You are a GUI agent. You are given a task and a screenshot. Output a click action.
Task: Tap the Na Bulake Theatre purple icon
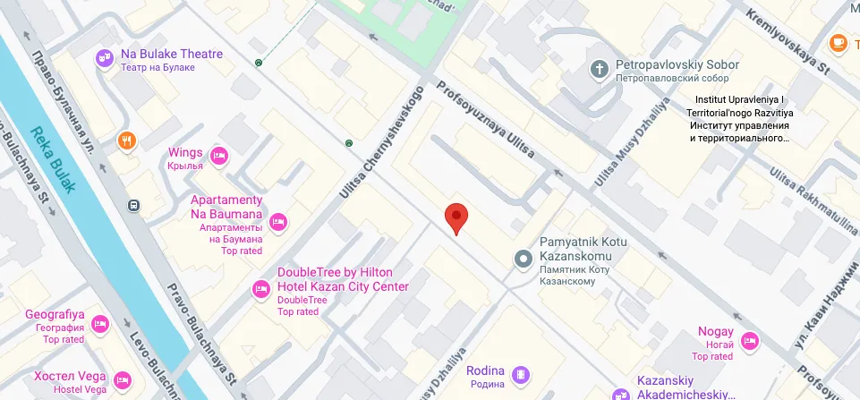pos(105,58)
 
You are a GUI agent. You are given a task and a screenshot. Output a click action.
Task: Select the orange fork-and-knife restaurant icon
pos(127,140)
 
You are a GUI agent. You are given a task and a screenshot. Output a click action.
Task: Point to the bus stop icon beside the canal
pos(133,204)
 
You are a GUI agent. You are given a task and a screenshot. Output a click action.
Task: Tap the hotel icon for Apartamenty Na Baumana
pos(278,221)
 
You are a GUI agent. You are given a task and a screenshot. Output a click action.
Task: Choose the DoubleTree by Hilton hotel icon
pos(261,288)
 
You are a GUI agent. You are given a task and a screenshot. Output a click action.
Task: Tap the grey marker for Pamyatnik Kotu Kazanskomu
pos(524,259)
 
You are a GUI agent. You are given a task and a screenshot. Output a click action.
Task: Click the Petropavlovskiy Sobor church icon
pos(599,68)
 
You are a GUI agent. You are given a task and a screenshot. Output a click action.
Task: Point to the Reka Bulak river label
pos(55,161)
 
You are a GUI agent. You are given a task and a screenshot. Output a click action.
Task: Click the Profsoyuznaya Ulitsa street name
pos(483,122)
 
